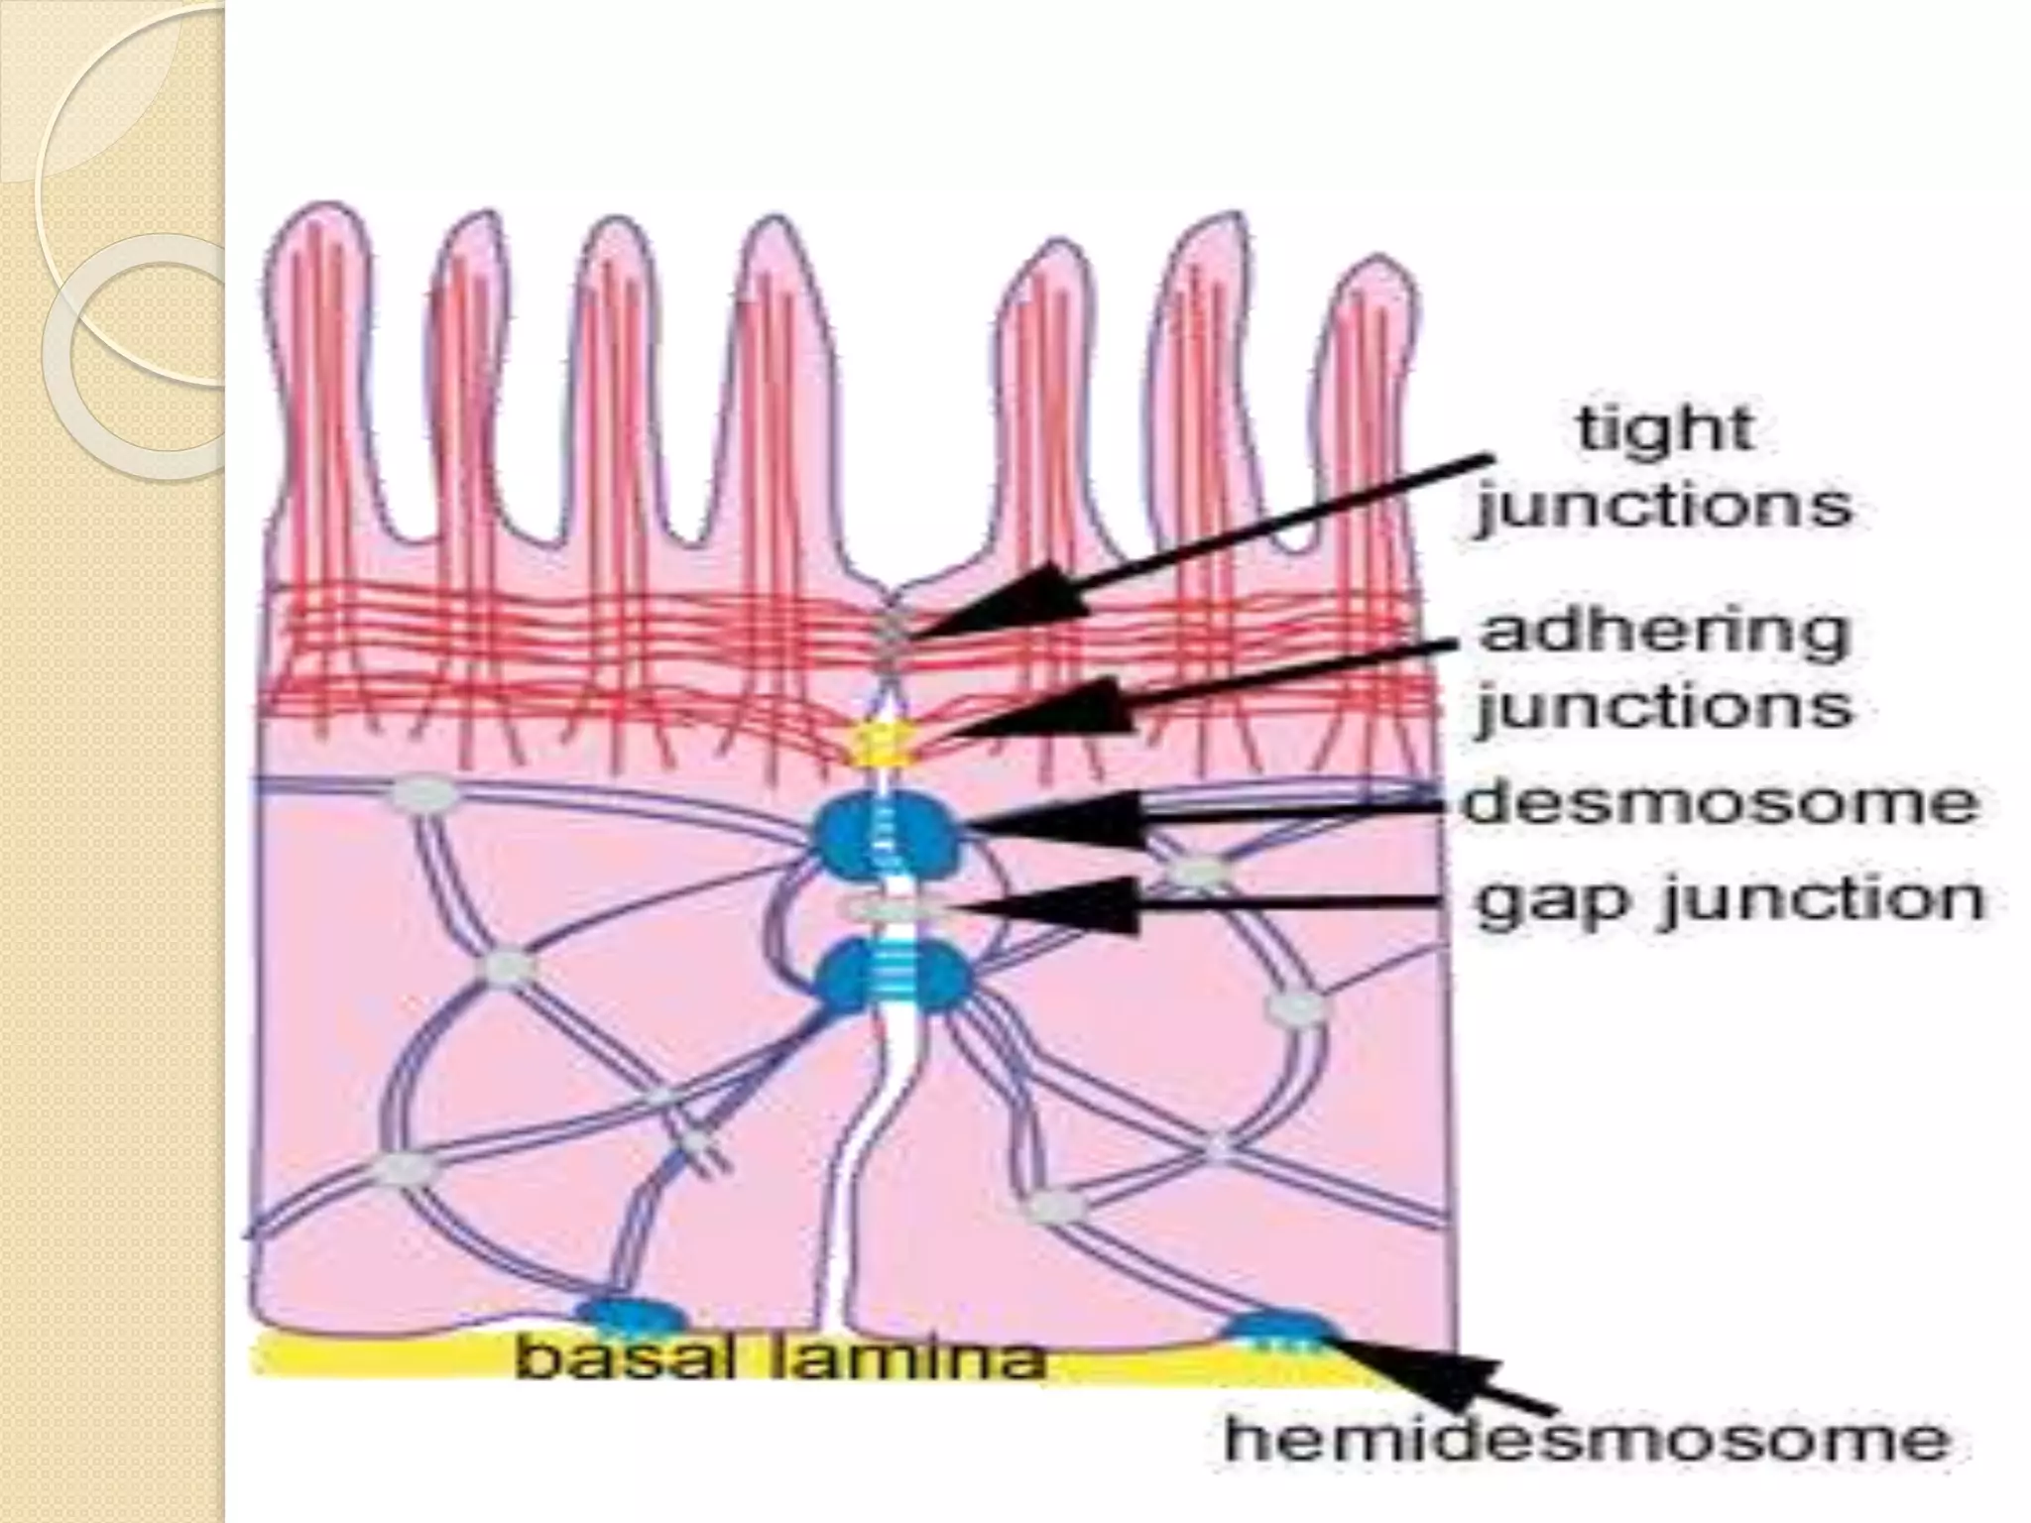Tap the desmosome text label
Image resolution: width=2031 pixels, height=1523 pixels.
1720,803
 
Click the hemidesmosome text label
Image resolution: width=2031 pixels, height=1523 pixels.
1587,1439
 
